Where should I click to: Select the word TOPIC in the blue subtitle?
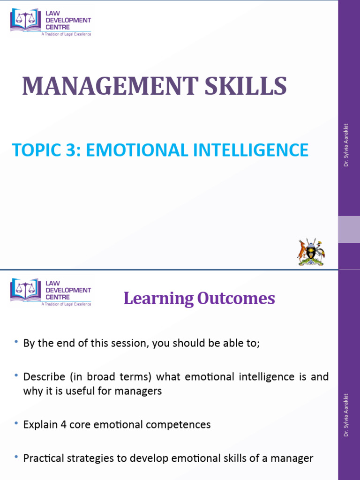36,150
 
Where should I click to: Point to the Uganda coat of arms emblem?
311,252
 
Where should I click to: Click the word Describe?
42,377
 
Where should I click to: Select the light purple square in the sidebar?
349,229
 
